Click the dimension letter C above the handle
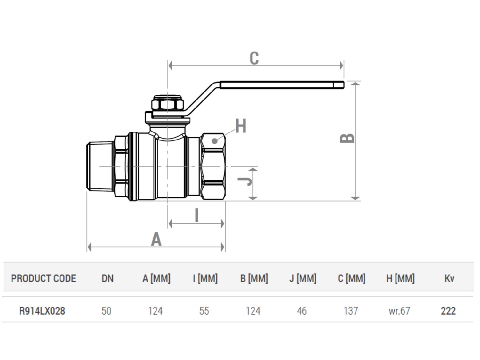254,58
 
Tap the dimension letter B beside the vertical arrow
347,138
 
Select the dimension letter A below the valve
156,239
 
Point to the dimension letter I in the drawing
196,215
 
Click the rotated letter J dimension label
245,181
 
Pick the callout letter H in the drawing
241,126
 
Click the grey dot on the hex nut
215,141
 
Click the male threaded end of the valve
100,166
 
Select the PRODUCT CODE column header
44,278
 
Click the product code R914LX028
42,311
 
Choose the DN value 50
107,311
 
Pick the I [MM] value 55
204,311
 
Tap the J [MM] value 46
302,311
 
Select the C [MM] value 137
351,311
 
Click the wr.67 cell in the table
399,311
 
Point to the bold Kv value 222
448,311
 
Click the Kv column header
449,278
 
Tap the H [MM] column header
400,278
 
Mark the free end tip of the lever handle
344,85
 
